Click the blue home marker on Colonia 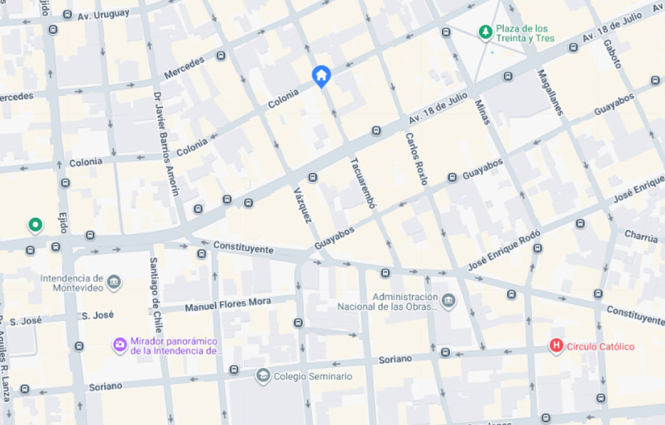(x=321, y=75)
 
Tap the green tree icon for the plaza (x=485, y=32)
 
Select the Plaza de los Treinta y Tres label (x=522, y=33)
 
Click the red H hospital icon (x=556, y=346)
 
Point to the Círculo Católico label (x=600, y=347)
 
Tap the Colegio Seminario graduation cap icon (x=263, y=376)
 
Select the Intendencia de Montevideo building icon (x=114, y=282)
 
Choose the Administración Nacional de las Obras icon (x=449, y=301)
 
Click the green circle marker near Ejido (x=35, y=225)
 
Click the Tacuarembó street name (x=363, y=183)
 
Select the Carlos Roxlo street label (x=416, y=158)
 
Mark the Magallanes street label (x=550, y=92)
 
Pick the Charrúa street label (x=641, y=237)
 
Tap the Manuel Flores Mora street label (x=228, y=304)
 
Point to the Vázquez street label (x=302, y=205)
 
